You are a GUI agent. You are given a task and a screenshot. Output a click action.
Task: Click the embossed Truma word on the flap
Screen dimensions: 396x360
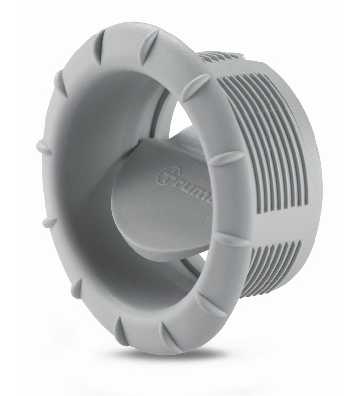point(185,182)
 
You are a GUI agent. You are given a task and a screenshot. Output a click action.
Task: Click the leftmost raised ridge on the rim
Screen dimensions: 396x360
point(43,148)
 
